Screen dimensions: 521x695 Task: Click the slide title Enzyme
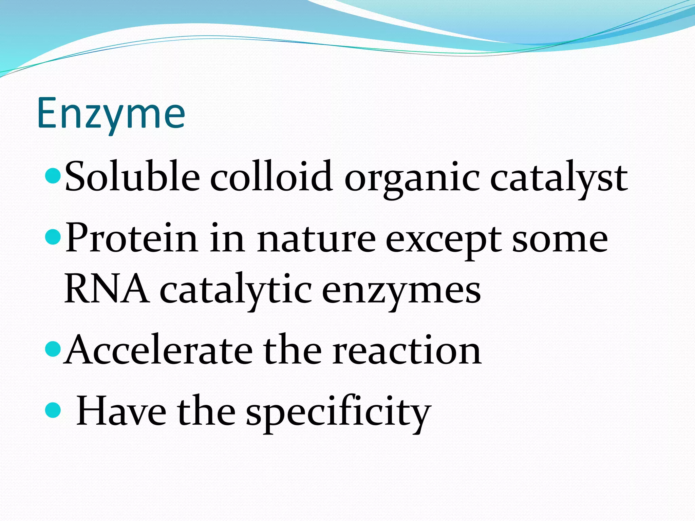[111, 114]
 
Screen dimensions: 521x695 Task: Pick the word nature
[316, 239]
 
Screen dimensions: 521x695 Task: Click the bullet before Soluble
[53, 175]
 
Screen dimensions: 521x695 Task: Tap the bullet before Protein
[53, 236]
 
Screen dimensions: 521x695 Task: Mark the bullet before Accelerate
[53, 349]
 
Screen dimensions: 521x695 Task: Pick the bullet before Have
[53, 410]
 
